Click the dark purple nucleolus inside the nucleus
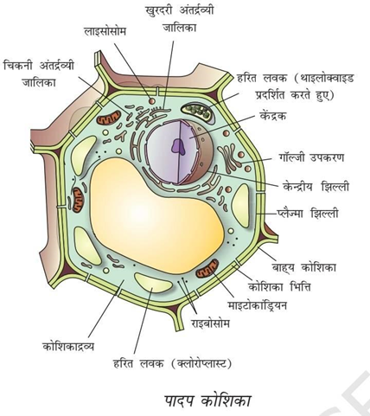(178, 146)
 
